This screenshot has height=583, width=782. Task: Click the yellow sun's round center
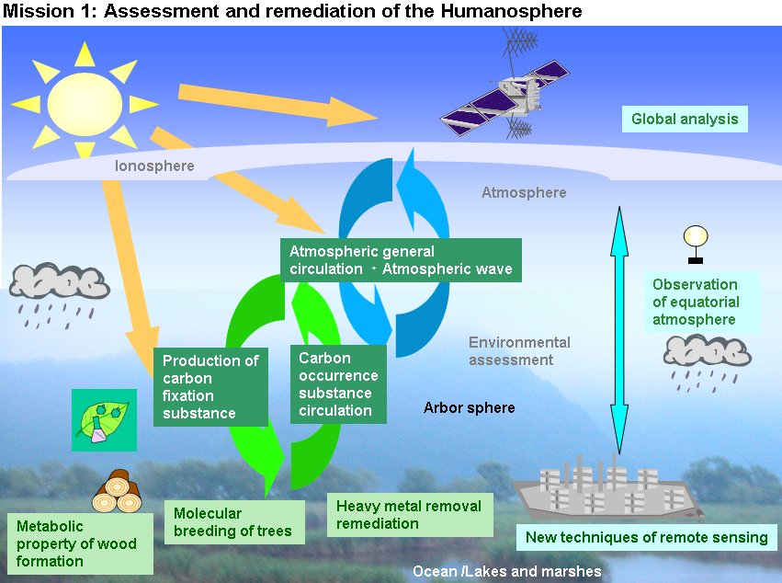coord(85,104)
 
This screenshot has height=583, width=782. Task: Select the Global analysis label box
coord(685,119)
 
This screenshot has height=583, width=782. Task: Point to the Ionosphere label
coord(154,166)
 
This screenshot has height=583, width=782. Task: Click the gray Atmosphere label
coord(524,192)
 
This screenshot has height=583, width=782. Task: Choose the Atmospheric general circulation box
coord(401,260)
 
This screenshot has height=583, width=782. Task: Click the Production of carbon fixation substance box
coord(210,387)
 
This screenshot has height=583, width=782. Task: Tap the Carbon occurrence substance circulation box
coord(338,384)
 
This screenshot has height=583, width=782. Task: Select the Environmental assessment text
coord(519,351)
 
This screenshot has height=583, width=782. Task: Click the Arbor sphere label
coord(470,407)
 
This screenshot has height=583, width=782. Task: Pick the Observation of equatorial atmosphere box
coord(701,302)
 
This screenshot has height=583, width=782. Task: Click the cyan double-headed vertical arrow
coord(619,330)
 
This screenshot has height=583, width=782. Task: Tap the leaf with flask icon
coord(104,420)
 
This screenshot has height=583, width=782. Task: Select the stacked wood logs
coord(118,491)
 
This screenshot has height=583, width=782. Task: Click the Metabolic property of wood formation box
coord(80,543)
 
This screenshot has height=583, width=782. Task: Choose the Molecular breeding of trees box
coord(234,522)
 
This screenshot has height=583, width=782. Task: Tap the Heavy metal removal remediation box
coord(410,515)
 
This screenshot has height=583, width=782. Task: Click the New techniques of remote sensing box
coord(646,537)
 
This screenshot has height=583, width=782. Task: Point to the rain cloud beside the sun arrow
coord(60,295)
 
